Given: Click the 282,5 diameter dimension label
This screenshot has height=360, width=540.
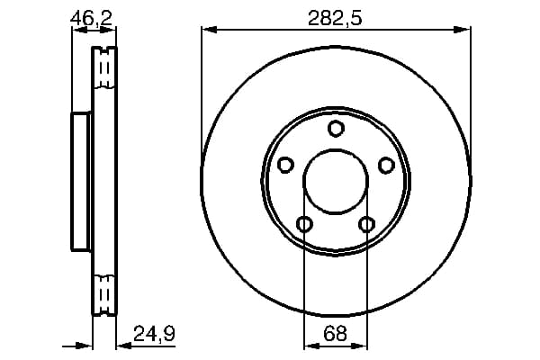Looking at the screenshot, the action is [x=335, y=18].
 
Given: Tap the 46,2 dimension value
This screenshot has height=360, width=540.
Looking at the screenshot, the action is [x=91, y=18].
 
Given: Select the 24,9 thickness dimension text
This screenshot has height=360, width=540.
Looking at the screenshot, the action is [x=154, y=334].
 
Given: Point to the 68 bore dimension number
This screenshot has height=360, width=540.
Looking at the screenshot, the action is [x=336, y=334].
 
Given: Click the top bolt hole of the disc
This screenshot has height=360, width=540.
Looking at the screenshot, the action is [x=336, y=128].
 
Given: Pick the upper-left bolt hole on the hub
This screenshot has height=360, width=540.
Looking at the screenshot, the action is [x=285, y=165].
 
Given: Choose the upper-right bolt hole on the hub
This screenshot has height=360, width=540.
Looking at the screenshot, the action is [x=386, y=165].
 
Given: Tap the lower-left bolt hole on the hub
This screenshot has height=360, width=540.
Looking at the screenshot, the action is [x=304, y=224].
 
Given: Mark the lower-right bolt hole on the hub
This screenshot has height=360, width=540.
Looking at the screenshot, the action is [x=367, y=224].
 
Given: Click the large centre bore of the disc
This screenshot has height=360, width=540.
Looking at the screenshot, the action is [x=336, y=182].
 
